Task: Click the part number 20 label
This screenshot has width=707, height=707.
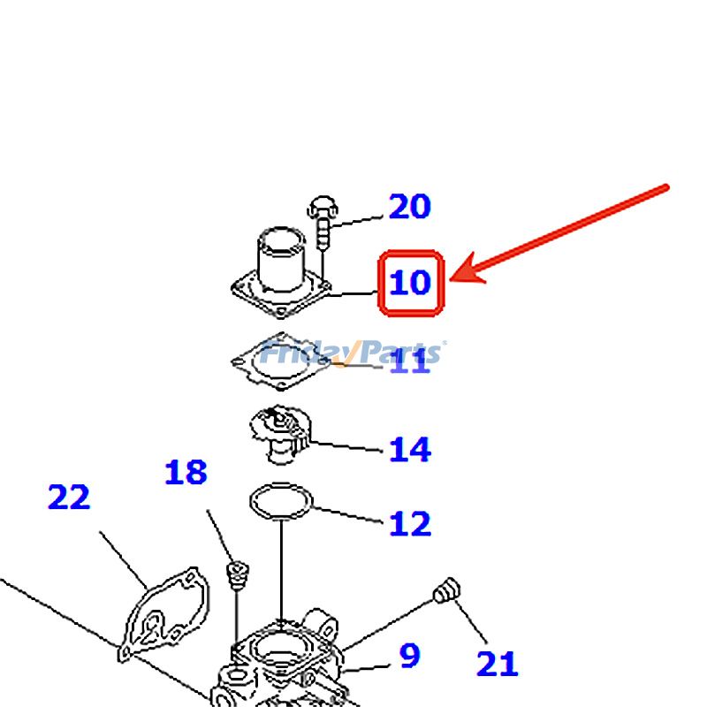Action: point(410,207)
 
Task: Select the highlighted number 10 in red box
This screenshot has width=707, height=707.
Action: point(410,283)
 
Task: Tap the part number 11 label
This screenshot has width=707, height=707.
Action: point(410,361)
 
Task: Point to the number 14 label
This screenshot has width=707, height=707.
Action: point(410,450)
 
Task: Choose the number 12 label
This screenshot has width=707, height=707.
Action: point(410,524)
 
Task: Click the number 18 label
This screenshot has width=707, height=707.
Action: point(186,474)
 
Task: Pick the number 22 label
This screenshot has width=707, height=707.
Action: point(69,498)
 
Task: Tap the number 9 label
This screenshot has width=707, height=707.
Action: point(409,657)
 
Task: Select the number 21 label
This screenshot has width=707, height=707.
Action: point(497,664)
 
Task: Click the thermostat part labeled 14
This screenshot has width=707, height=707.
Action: point(278,431)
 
